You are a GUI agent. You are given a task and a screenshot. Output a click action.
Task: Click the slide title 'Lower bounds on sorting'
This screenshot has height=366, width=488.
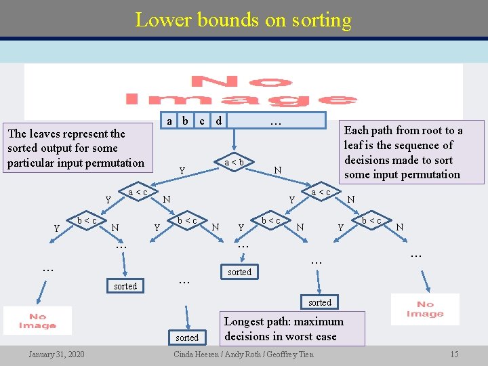click(x=243, y=20)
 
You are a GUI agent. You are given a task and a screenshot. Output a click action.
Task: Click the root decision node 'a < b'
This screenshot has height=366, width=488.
click(x=234, y=162)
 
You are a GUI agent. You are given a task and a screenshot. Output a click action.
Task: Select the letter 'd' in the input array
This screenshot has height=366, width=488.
click(x=218, y=121)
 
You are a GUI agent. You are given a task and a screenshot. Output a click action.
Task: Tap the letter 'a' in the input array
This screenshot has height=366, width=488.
click(x=169, y=121)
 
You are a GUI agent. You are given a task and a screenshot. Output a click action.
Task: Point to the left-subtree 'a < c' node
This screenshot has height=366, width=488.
click(x=138, y=192)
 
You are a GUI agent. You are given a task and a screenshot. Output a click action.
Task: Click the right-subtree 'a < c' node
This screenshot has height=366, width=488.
click(x=321, y=192)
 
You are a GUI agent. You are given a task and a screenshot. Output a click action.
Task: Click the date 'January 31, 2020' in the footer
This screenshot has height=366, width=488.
click(x=56, y=354)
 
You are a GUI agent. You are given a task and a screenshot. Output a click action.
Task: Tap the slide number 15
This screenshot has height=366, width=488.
click(x=454, y=354)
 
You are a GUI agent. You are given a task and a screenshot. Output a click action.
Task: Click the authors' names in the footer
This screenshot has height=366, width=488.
click(x=244, y=354)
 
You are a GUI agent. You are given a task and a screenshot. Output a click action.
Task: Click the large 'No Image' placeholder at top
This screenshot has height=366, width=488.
click(x=243, y=91)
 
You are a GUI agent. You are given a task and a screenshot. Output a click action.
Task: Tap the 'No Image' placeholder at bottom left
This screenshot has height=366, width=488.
click(x=37, y=321)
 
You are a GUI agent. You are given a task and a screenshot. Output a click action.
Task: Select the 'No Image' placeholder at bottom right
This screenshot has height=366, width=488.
click(x=425, y=309)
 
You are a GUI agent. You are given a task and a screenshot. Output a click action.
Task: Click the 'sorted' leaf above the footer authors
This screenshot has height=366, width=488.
click(x=187, y=338)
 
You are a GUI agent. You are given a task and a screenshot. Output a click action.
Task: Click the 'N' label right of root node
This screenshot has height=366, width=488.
click(x=278, y=169)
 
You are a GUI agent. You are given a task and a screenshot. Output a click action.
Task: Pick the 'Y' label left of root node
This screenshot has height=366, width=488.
click(x=181, y=169)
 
